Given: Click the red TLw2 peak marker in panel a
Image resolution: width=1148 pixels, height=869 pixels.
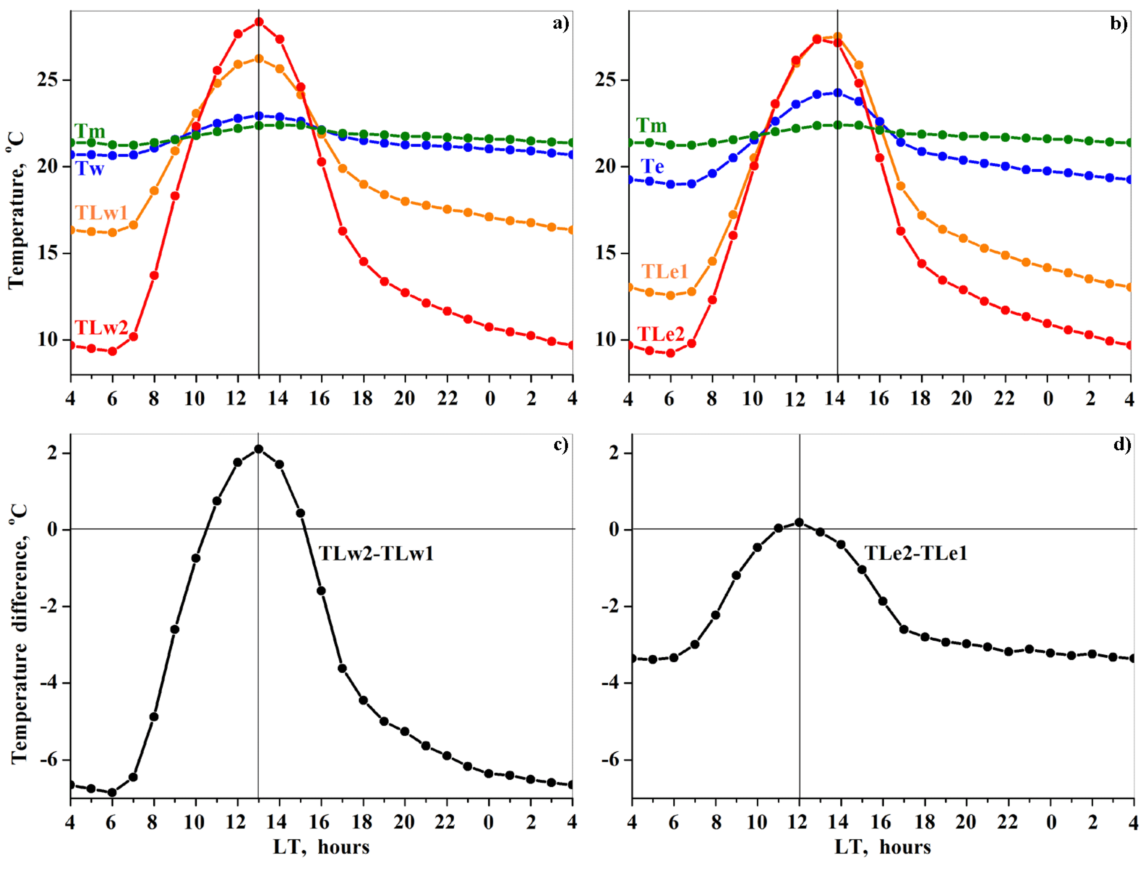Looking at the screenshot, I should (x=259, y=22).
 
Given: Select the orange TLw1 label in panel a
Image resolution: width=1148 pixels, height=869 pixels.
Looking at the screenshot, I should (x=101, y=212).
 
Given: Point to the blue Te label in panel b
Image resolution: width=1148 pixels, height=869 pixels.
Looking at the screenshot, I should (x=652, y=167).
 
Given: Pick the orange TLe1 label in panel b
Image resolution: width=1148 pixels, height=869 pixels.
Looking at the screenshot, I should (x=664, y=271).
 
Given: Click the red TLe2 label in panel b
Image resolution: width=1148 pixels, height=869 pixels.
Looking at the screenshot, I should (x=661, y=334).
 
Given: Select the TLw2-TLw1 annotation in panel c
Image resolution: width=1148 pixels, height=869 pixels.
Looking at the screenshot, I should (x=376, y=554).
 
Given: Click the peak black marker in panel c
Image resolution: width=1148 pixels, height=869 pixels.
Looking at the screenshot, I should (x=259, y=449).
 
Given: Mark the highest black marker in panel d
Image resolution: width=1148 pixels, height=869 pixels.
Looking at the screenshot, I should (x=799, y=522).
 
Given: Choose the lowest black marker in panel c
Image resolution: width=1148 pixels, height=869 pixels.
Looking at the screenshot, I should (x=112, y=792).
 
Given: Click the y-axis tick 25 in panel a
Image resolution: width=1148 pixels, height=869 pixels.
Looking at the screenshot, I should (x=48, y=80).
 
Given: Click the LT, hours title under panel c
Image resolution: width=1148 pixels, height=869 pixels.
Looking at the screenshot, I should (x=321, y=847).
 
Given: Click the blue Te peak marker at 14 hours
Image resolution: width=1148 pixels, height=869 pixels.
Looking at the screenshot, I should (x=837, y=92).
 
